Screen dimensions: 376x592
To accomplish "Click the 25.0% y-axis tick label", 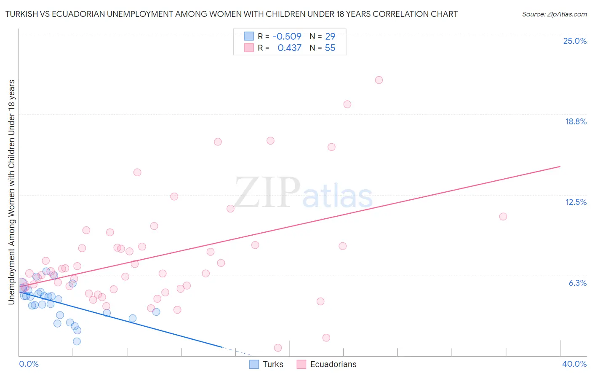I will (x=575, y=41).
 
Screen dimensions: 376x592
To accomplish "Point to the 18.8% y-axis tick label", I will (x=576, y=121).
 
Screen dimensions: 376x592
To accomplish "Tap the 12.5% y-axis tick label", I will (x=576, y=202).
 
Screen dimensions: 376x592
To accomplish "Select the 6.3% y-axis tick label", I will (x=577, y=283).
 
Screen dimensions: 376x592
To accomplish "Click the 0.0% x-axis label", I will (x=29, y=364).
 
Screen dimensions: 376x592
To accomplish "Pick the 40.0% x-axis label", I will (x=574, y=364).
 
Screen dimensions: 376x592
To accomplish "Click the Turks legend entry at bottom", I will (x=272, y=364).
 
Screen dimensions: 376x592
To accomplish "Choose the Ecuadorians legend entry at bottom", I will (x=333, y=364).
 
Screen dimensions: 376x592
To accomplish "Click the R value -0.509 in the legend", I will (x=287, y=36).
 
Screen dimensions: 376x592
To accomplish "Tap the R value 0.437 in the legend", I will (x=289, y=48).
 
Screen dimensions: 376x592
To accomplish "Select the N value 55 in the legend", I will (x=330, y=48).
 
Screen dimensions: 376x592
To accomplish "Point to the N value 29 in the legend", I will (x=330, y=36).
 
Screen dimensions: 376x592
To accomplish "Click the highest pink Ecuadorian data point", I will (x=379, y=80).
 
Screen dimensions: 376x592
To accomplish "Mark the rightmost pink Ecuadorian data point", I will (x=503, y=217).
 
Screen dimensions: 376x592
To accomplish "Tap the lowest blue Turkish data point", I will (x=77, y=341).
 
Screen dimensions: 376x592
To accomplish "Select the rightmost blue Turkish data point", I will (x=156, y=312).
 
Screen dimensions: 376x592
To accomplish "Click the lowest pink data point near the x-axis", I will (x=278, y=348).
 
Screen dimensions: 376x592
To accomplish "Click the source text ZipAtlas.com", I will (x=555, y=14).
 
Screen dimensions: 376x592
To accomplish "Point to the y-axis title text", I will (x=11, y=192).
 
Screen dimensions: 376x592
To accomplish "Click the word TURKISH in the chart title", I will (x=23, y=14).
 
